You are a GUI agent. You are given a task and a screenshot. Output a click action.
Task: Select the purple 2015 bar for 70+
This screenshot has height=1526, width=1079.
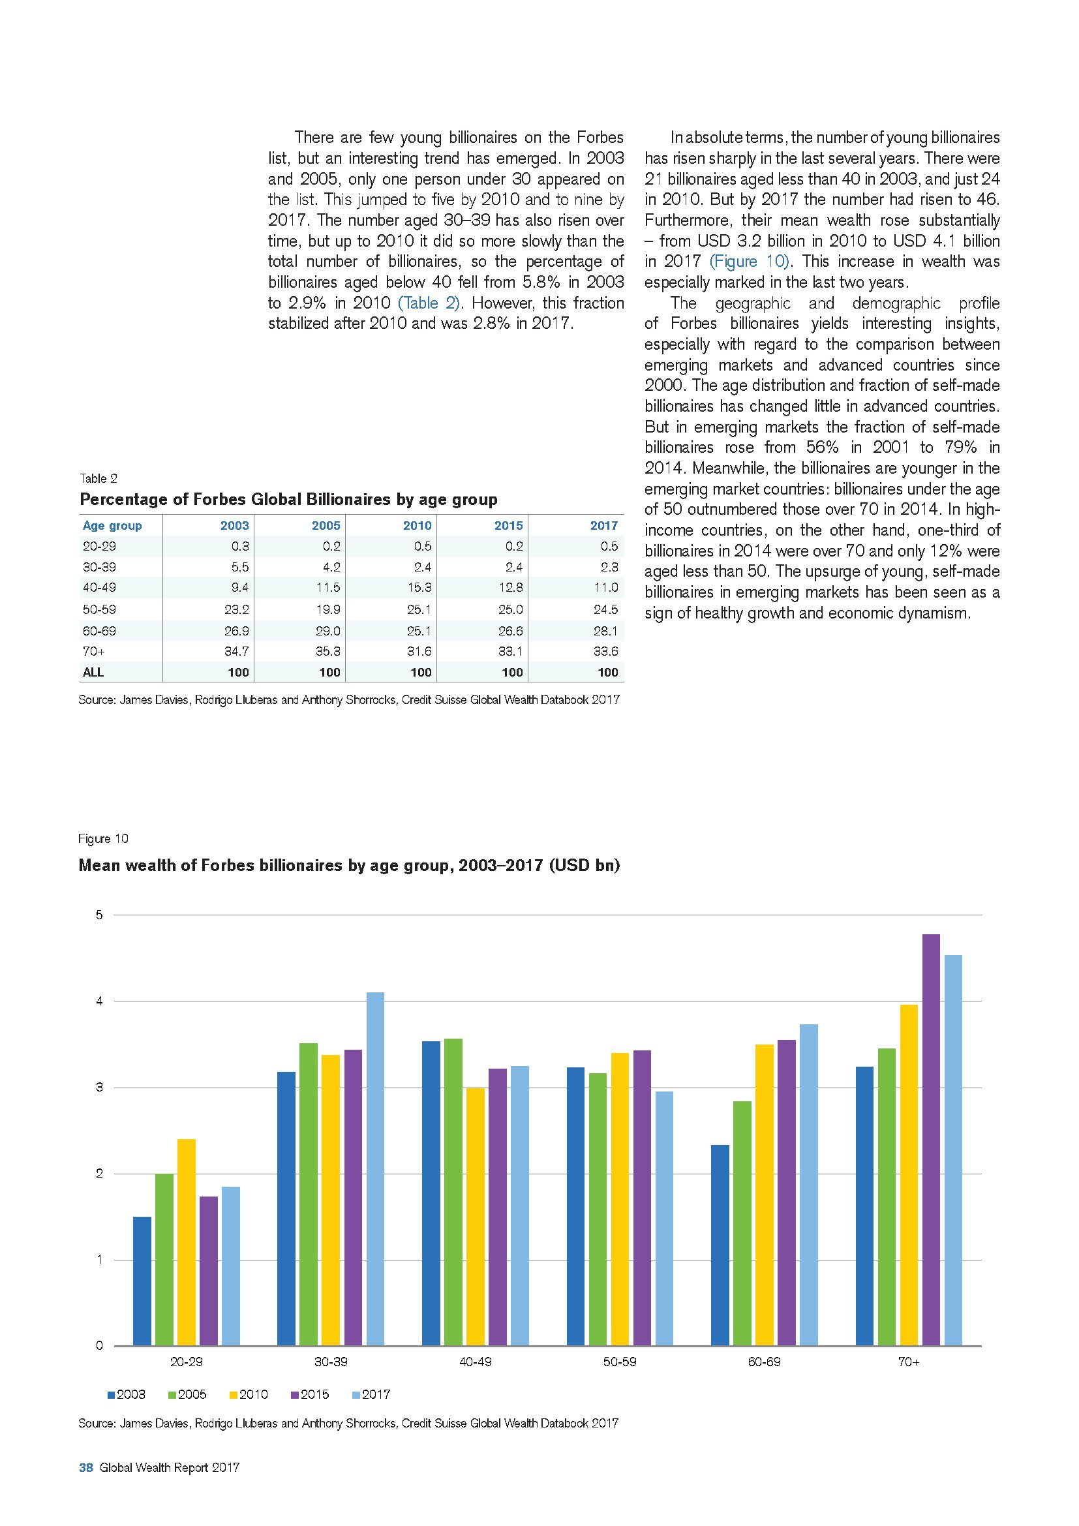[932, 1140]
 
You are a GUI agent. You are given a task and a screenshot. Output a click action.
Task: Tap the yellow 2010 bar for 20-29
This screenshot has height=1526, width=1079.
[187, 1242]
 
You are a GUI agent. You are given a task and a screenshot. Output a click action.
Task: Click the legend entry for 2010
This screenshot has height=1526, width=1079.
[249, 1394]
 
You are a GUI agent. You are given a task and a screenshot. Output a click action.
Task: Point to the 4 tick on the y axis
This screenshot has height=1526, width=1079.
[100, 1001]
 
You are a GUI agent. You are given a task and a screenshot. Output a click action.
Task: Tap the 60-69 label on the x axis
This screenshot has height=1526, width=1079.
[764, 1362]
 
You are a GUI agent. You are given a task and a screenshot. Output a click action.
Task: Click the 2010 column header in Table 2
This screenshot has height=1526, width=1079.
[418, 526]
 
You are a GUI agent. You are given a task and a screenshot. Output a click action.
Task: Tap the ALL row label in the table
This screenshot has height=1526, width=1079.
[93, 672]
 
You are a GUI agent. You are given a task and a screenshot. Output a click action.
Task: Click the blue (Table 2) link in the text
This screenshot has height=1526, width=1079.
[429, 303]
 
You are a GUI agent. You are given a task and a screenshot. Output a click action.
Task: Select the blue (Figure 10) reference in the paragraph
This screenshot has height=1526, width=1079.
[748, 261]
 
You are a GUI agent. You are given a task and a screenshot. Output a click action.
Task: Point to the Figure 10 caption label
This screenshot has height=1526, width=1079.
[103, 839]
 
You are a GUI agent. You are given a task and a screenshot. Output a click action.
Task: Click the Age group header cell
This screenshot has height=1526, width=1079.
[112, 526]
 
